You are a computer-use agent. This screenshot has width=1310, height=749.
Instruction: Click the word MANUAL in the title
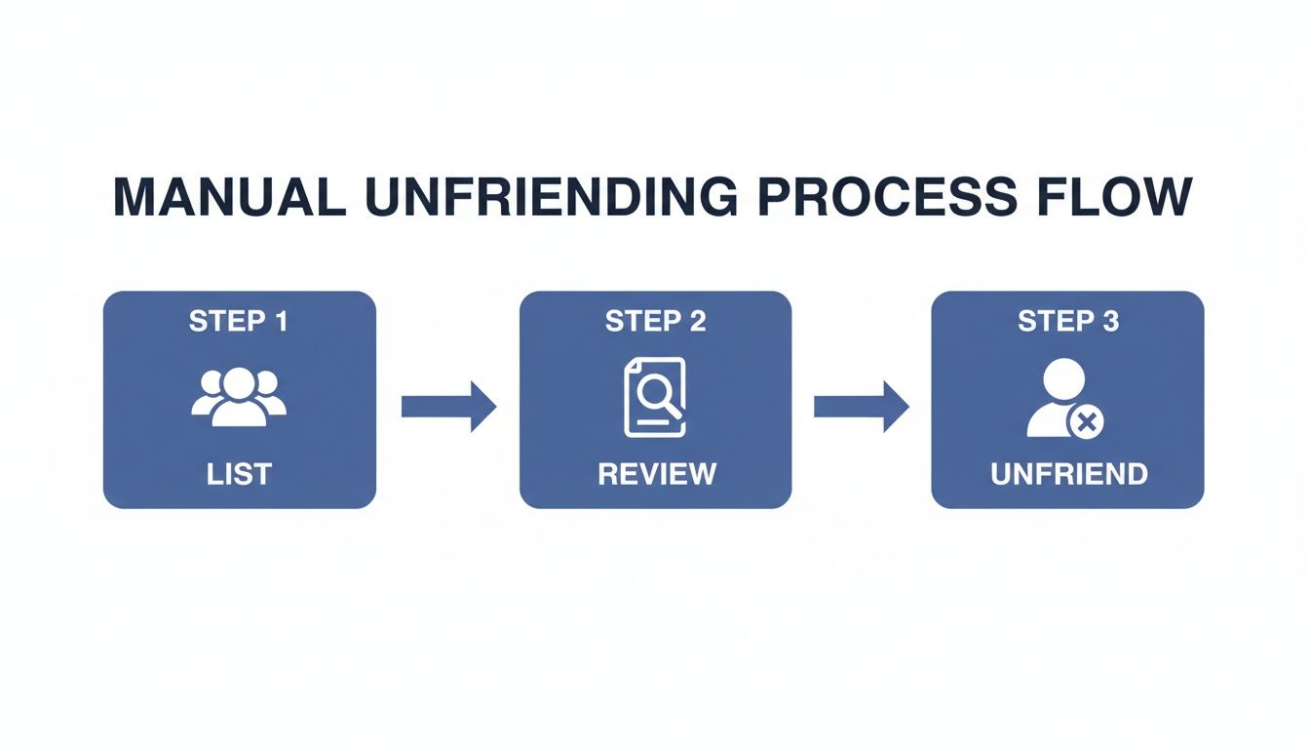coord(229,198)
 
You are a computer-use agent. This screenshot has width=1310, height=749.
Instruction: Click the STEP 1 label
coord(239,322)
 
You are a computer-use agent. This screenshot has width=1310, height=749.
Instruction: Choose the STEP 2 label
coord(655,322)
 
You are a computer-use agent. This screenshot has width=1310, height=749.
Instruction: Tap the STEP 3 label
coord(1068,322)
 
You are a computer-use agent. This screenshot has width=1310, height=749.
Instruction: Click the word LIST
coord(239,475)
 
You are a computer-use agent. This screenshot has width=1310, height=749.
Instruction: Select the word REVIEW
coord(656,475)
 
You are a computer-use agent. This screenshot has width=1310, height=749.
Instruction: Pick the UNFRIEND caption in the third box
coord(1068,475)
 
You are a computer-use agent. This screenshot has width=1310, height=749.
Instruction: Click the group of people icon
coord(239,396)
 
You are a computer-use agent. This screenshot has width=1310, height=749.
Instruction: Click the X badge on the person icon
coord(1087,422)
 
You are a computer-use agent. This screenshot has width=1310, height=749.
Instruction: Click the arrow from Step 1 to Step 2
coord(448,406)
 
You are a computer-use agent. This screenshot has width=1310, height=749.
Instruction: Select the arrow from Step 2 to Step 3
coord(861,406)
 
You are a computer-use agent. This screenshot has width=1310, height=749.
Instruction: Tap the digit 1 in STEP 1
coord(281,322)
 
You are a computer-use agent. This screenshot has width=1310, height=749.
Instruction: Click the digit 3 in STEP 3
coord(1110,322)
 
